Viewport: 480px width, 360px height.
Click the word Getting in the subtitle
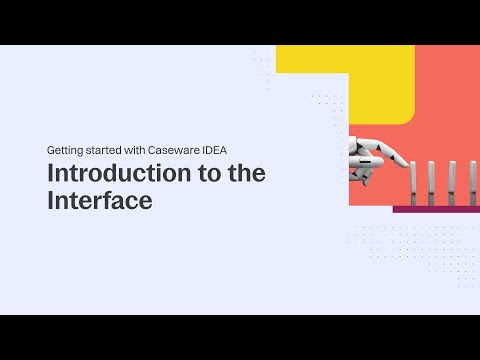pyautogui.click(x=65, y=149)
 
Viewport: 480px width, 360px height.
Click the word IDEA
pyautogui.click(x=227, y=149)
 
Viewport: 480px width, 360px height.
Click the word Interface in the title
pyautogui.click(x=99, y=200)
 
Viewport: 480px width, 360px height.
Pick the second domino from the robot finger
pyautogui.click(x=431, y=183)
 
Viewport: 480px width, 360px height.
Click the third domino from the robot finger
pyautogui.click(x=452, y=183)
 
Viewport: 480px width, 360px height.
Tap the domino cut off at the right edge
pyautogui.click(x=473, y=183)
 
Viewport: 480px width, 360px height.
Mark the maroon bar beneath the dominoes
pyautogui.click(x=435, y=209)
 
